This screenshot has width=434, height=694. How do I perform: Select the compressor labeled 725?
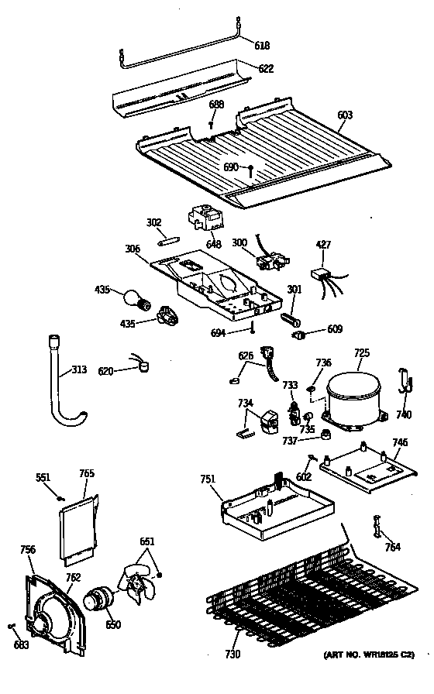point(353,397)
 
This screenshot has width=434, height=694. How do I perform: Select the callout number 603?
point(345,115)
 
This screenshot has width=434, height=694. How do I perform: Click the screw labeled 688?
point(211,122)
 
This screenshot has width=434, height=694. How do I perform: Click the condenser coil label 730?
point(233,654)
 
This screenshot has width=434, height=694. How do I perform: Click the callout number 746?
point(400,443)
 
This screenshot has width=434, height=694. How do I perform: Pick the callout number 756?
point(27,550)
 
